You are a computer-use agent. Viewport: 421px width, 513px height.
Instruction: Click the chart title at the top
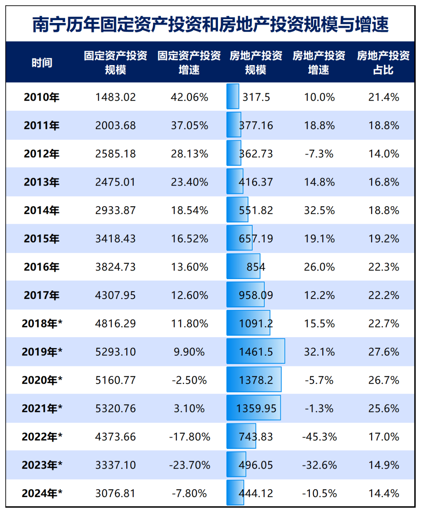click(210, 24)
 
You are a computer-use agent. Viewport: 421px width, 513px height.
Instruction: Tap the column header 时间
click(42, 62)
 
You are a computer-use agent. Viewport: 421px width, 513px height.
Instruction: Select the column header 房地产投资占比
click(383, 62)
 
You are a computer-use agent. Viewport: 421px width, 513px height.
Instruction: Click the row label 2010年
click(42, 97)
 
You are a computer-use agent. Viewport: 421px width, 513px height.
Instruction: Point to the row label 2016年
click(42, 267)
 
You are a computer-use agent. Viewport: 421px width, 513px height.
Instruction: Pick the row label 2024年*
click(42, 494)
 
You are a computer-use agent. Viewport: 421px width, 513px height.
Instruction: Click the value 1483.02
click(115, 97)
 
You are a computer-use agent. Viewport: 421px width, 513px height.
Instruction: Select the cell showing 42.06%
click(189, 97)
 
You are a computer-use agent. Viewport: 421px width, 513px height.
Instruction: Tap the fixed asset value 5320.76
click(115, 409)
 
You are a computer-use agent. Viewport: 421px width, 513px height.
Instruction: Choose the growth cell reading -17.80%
click(189, 437)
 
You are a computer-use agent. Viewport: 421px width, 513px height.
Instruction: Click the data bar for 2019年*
click(256, 351)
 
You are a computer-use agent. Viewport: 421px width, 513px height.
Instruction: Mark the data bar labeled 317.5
click(233, 97)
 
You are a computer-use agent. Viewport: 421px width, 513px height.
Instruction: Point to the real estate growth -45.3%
click(319, 437)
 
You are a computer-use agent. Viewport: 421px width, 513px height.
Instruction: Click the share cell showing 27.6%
click(384, 352)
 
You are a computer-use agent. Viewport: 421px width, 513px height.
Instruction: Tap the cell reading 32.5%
click(319, 211)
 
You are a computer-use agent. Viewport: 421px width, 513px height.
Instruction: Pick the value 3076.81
click(115, 494)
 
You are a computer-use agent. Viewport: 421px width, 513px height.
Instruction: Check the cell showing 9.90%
click(189, 352)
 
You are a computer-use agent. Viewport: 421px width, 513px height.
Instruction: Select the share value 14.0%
click(384, 154)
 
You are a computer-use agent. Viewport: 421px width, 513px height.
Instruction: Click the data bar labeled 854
click(243, 266)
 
